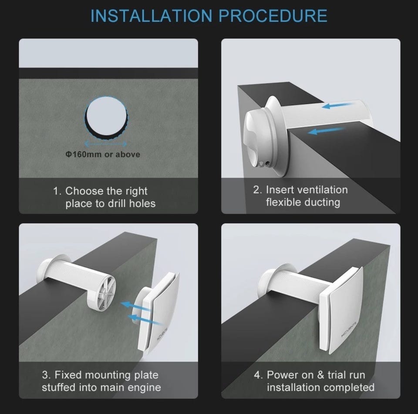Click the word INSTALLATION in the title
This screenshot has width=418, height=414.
point(152,16)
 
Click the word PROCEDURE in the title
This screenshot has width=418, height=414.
point(273,16)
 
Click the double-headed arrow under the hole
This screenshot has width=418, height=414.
point(105,144)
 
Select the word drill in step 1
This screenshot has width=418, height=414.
point(117,203)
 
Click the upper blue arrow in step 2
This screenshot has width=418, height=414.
point(338,105)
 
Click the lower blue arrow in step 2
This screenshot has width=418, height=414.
point(326,131)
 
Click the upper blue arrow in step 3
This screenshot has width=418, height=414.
point(136,306)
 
